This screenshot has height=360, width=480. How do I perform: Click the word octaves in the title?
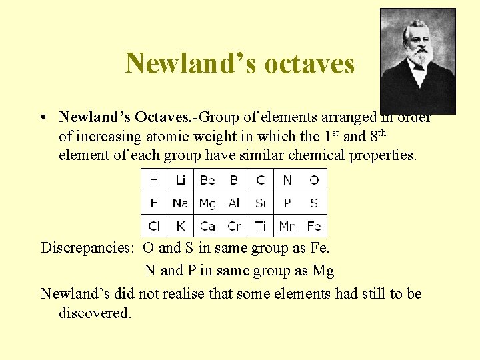[x=309, y=64]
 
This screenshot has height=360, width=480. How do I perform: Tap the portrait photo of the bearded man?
[x=417, y=61]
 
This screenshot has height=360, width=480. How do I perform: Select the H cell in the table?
[x=154, y=180]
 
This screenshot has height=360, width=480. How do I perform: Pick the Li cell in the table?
[x=180, y=180]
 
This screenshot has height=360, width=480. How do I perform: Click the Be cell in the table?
[x=207, y=180]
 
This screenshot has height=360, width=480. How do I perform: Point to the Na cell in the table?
[x=180, y=203]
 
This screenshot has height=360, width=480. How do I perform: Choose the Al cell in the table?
[x=234, y=203]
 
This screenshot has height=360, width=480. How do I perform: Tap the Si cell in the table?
[x=261, y=203]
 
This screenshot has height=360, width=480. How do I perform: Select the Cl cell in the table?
[x=154, y=226]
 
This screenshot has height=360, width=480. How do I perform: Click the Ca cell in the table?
[x=207, y=226]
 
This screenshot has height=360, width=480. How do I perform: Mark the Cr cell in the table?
[x=234, y=226]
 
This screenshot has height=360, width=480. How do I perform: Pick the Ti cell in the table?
[x=261, y=226]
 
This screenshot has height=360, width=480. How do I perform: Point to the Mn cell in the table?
[x=287, y=226]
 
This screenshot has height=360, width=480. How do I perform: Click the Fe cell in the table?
[x=314, y=226]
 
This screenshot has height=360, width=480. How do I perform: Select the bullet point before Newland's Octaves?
[x=43, y=118]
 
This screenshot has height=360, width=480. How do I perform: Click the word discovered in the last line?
[x=95, y=313]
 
